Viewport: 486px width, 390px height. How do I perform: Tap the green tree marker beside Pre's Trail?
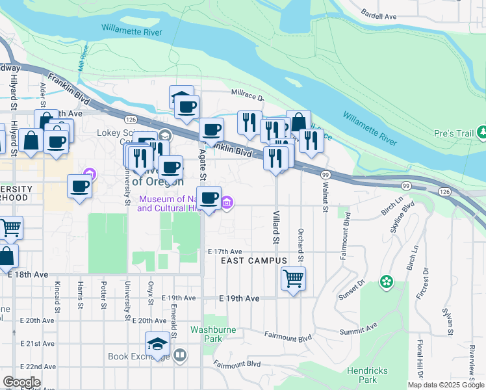(481, 133)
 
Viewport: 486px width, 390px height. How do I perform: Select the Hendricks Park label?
(368, 374)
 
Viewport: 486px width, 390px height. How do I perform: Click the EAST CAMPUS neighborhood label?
(253, 261)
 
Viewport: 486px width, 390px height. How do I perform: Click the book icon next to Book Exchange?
(180, 356)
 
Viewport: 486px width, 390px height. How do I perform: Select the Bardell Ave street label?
(378, 16)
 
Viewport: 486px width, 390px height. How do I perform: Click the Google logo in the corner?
(21, 382)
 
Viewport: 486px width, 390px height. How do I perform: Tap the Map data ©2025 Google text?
(446, 385)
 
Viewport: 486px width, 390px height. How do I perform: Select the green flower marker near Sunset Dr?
(387, 281)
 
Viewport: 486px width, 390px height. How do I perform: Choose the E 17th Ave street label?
(225, 252)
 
